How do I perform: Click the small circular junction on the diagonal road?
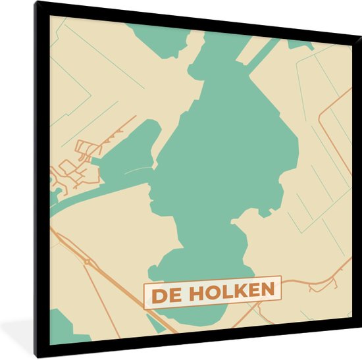(x=86, y=261)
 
